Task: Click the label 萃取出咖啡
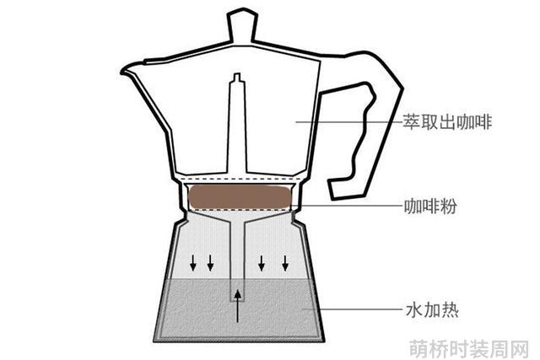click(x=447, y=122)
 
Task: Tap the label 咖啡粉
click(x=430, y=207)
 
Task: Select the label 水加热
click(x=433, y=309)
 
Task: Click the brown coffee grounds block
click(x=240, y=197)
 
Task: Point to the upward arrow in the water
click(x=237, y=306)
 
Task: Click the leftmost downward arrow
click(x=193, y=262)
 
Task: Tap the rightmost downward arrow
click(x=285, y=262)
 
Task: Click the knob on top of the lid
click(x=242, y=26)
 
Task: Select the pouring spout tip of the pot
click(x=122, y=72)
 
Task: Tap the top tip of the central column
click(x=237, y=74)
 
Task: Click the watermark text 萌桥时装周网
click(x=469, y=348)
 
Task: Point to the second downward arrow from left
click(x=210, y=262)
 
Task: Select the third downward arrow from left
click(x=262, y=262)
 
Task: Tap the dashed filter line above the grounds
click(x=240, y=180)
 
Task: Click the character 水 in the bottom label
click(x=414, y=309)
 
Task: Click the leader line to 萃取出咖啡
click(x=348, y=121)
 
